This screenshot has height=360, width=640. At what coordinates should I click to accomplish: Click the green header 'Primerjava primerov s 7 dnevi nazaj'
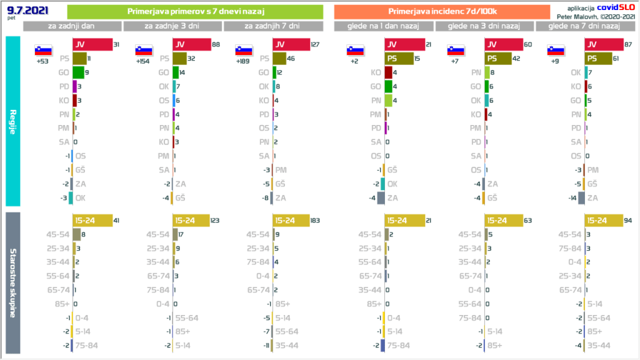[x=194, y=12]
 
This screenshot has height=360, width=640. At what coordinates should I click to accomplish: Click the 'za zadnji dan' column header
[x=72, y=26]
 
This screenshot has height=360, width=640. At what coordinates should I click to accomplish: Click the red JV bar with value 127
[x=291, y=44]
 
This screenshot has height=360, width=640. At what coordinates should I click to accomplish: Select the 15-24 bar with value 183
[x=291, y=220]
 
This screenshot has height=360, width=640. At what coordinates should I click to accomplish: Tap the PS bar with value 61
[x=598, y=58]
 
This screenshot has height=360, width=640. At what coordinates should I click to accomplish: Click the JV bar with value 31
[x=92, y=44]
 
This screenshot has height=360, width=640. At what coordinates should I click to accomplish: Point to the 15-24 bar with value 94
[x=603, y=220]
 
